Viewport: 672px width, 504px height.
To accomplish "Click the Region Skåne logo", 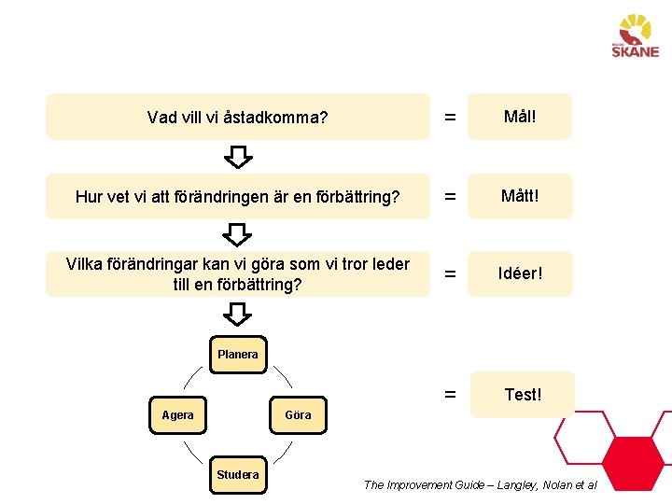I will (636, 36).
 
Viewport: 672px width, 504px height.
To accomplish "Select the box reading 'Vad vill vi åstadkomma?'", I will (237, 117).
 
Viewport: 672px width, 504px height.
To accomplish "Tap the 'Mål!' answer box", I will (519, 117).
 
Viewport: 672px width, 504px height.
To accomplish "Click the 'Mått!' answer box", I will (519, 196).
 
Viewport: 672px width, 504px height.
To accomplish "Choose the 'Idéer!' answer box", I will (519, 273).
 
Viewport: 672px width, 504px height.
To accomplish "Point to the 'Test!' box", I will (523, 394).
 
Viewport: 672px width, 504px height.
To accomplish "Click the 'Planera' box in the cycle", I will (237, 355).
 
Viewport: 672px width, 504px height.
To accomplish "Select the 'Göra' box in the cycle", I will (298, 414).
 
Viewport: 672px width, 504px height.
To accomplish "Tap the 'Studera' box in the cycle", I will (237, 474).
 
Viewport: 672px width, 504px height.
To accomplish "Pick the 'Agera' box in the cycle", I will (177, 414).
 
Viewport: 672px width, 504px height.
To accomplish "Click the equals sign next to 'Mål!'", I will (450, 118).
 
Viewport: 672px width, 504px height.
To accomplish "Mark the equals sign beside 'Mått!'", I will (450, 197).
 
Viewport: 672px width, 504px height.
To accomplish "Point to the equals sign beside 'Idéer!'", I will (450, 274).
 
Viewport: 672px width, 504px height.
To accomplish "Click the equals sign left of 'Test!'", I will (450, 394).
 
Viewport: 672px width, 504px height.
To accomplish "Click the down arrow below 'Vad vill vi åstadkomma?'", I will (239, 156).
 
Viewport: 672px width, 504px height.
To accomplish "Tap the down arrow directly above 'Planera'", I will (239, 315).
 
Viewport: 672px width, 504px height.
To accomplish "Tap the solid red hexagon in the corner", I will (632, 463).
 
